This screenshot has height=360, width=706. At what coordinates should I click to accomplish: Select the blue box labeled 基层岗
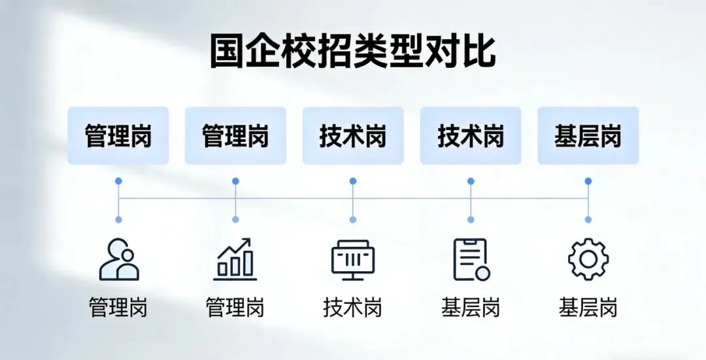pyautogui.click(x=588, y=136)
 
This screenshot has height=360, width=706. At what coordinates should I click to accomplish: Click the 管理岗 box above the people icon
pyautogui.click(x=118, y=136)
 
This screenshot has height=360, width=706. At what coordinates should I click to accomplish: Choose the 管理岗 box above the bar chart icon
pyautogui.click(x=235, y=136)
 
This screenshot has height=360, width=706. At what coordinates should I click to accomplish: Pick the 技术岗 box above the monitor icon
pyautogui.click(x=353, y=136)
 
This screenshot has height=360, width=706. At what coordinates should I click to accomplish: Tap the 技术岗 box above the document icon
pyautogui.click(x=471, y=136)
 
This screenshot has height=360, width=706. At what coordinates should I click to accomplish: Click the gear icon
pyautogui.click(x=588, y=259)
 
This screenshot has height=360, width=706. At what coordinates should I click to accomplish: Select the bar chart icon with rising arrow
pyautogui.click(x=235, y=259)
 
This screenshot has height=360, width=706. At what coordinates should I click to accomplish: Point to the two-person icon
pyautogui.click(x=118, y=260)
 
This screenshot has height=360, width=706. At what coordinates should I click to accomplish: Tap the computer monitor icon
pyautogui.click(x=353, y=260)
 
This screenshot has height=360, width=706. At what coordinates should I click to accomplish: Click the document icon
pyautogui.click(x=471, y=259)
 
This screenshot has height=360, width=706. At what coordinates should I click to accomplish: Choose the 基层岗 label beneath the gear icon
pyautogui.click(x=588, y=307)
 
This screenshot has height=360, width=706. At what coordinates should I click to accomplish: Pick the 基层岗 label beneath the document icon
pyautogui.click(x=471, y=307)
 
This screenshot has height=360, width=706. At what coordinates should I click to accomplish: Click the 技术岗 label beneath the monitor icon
pyautogui.click(x=353, y=307)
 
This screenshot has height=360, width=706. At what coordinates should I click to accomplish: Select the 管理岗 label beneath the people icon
pyautogui.click(x=118, y=307)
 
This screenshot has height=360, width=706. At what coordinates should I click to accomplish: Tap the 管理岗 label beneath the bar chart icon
pyautogui.click(x=235, y=307)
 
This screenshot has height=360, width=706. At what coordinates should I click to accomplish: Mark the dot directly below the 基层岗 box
pyautogui.click(x=588, y=181)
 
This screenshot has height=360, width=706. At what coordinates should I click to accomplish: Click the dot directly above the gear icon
pyautogui.click(x=588, y=220)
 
